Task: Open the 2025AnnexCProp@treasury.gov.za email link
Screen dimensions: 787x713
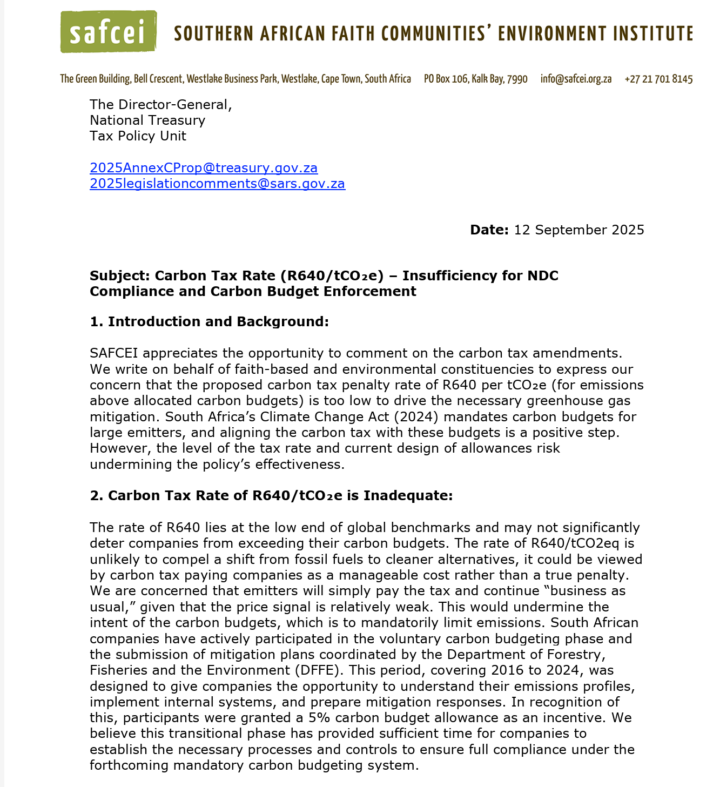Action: tap(204, 168)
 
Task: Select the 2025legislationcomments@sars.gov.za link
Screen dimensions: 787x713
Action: tap(217, 184)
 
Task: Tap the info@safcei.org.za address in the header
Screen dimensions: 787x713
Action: tap(576, 79)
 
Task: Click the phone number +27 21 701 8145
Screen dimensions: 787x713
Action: tap(658, 79)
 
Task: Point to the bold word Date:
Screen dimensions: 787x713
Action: tap(489, 230)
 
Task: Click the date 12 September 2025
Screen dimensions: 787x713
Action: tap(579, 230)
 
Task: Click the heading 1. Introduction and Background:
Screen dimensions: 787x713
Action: tap(209, 322)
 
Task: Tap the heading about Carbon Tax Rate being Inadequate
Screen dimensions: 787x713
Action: tap(271, 496)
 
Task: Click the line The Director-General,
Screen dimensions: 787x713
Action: tap(160, 104)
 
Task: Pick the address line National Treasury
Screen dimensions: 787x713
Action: tap(147, 120)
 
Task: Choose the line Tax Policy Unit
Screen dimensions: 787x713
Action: tap(138, 136)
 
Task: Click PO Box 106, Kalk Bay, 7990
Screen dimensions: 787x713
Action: tap(475, 79)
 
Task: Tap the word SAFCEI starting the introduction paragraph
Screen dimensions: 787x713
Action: tap(114, 354)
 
